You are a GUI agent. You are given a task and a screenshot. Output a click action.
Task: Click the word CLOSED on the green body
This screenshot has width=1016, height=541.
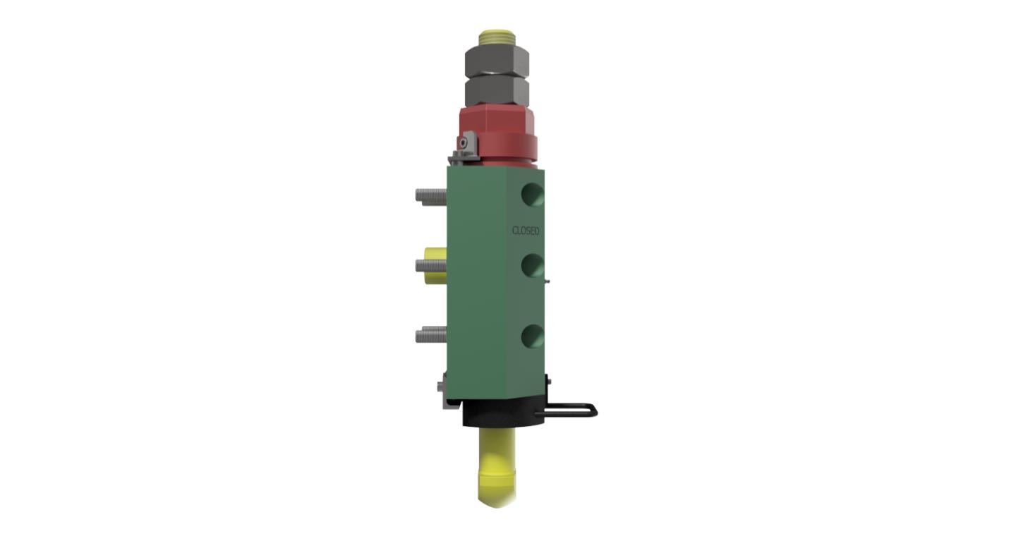pyautogui.click(x=526, y=231)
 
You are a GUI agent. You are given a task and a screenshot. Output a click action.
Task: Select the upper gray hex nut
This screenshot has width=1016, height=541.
pyautogui.click(x=497, y=62)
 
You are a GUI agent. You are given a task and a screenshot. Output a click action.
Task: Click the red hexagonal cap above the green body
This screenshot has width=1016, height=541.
pyautogui.click(x=497, y=119)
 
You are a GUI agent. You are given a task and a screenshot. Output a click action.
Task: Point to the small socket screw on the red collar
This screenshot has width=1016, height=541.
pyautogui.click(x=463, y=143)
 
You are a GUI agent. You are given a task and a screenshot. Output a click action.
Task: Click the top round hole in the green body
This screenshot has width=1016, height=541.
pyautogui.click(x=533, y=194)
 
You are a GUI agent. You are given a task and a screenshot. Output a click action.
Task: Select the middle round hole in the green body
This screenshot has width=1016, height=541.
pyautogui.click(x=533, y=265)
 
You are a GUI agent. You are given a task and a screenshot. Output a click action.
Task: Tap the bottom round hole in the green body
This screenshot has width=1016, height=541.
pyautogui.click(x=533, y=336)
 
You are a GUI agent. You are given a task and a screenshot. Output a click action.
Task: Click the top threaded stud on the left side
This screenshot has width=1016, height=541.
pyautogui.click(x=431, y=196)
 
